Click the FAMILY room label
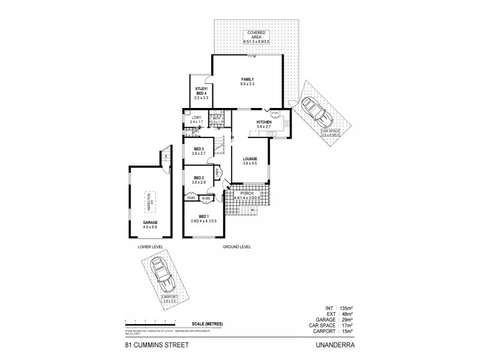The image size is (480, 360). (247, 80)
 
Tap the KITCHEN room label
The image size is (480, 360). (264, 122)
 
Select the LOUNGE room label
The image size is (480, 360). (250, 159)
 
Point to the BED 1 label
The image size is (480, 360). (203, 217)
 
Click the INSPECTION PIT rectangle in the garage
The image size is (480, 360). (151, 200)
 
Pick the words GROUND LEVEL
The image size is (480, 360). (236, 247)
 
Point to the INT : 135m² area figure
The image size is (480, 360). (340, 307)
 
